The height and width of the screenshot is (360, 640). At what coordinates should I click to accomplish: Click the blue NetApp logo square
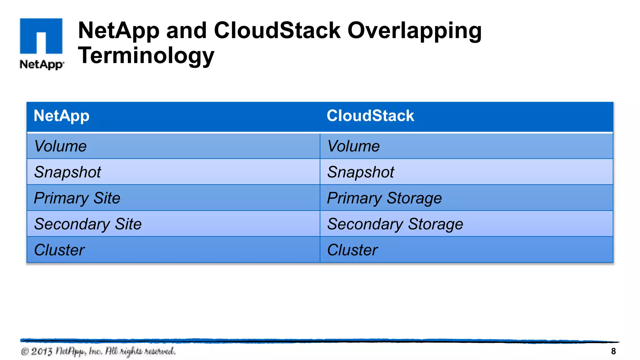click(41, 36)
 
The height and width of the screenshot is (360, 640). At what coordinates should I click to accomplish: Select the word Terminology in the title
click(146, 55)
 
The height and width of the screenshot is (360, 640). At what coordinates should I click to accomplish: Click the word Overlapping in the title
click(414, 31)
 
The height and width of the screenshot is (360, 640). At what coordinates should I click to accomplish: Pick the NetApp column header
click(62, 116)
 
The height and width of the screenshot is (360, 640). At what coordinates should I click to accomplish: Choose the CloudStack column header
click(370, 116)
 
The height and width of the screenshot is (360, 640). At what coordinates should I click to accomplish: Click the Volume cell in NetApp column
click(60, 146)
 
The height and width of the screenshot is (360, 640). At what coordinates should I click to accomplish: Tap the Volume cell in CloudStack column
click(353, 146)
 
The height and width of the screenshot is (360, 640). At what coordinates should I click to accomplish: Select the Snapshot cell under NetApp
click(67, 172)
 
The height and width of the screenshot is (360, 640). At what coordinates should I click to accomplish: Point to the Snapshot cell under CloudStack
click(361, 172)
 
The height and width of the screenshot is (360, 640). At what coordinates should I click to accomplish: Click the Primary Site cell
click(77, 198)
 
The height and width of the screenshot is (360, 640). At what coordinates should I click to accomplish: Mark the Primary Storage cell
click(384, 198)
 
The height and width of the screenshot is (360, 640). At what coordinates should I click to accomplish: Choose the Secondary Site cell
click(88, 224)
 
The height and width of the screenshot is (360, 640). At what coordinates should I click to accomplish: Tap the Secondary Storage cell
click(395, 224)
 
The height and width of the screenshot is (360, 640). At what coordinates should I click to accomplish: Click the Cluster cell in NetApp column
click(59, 250)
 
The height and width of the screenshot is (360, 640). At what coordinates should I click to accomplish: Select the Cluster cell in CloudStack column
click(352, 250)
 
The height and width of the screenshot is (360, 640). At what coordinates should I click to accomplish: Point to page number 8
click(613, 351)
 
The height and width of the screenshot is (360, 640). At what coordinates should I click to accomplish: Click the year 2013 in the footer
click(41, 352)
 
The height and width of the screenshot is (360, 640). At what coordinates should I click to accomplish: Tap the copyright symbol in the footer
click(24, 352)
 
